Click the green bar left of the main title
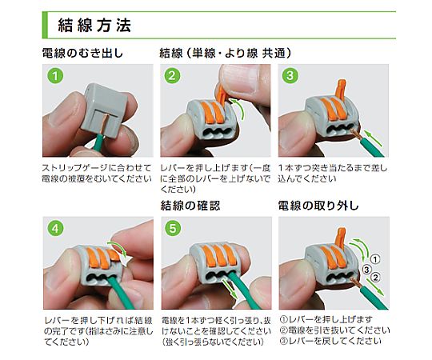pyautogui.click(x=48, y=23)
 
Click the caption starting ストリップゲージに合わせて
pyautogui.click(x=96, y=170)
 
